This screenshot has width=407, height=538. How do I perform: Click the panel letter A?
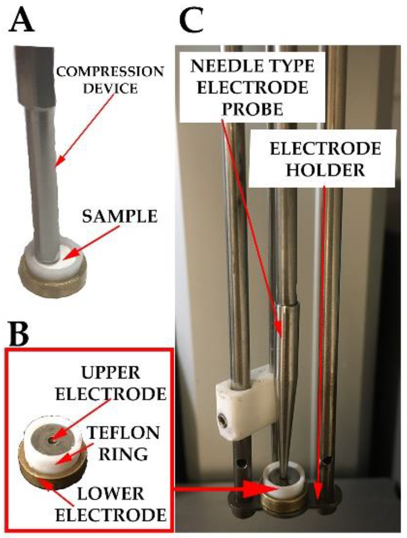point(22,20)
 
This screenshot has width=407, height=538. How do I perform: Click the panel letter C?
point(192,20)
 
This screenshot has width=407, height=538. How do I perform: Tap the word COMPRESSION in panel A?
point(110,72)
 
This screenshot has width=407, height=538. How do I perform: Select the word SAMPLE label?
point(120,216)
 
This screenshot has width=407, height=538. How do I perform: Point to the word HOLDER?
point(325,170)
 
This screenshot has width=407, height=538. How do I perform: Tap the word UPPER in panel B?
point(110,373)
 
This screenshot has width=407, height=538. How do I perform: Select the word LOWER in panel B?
point(110,494)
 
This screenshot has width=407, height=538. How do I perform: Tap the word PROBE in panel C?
point(252,109)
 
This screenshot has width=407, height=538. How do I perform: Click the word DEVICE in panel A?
point(110,88)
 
